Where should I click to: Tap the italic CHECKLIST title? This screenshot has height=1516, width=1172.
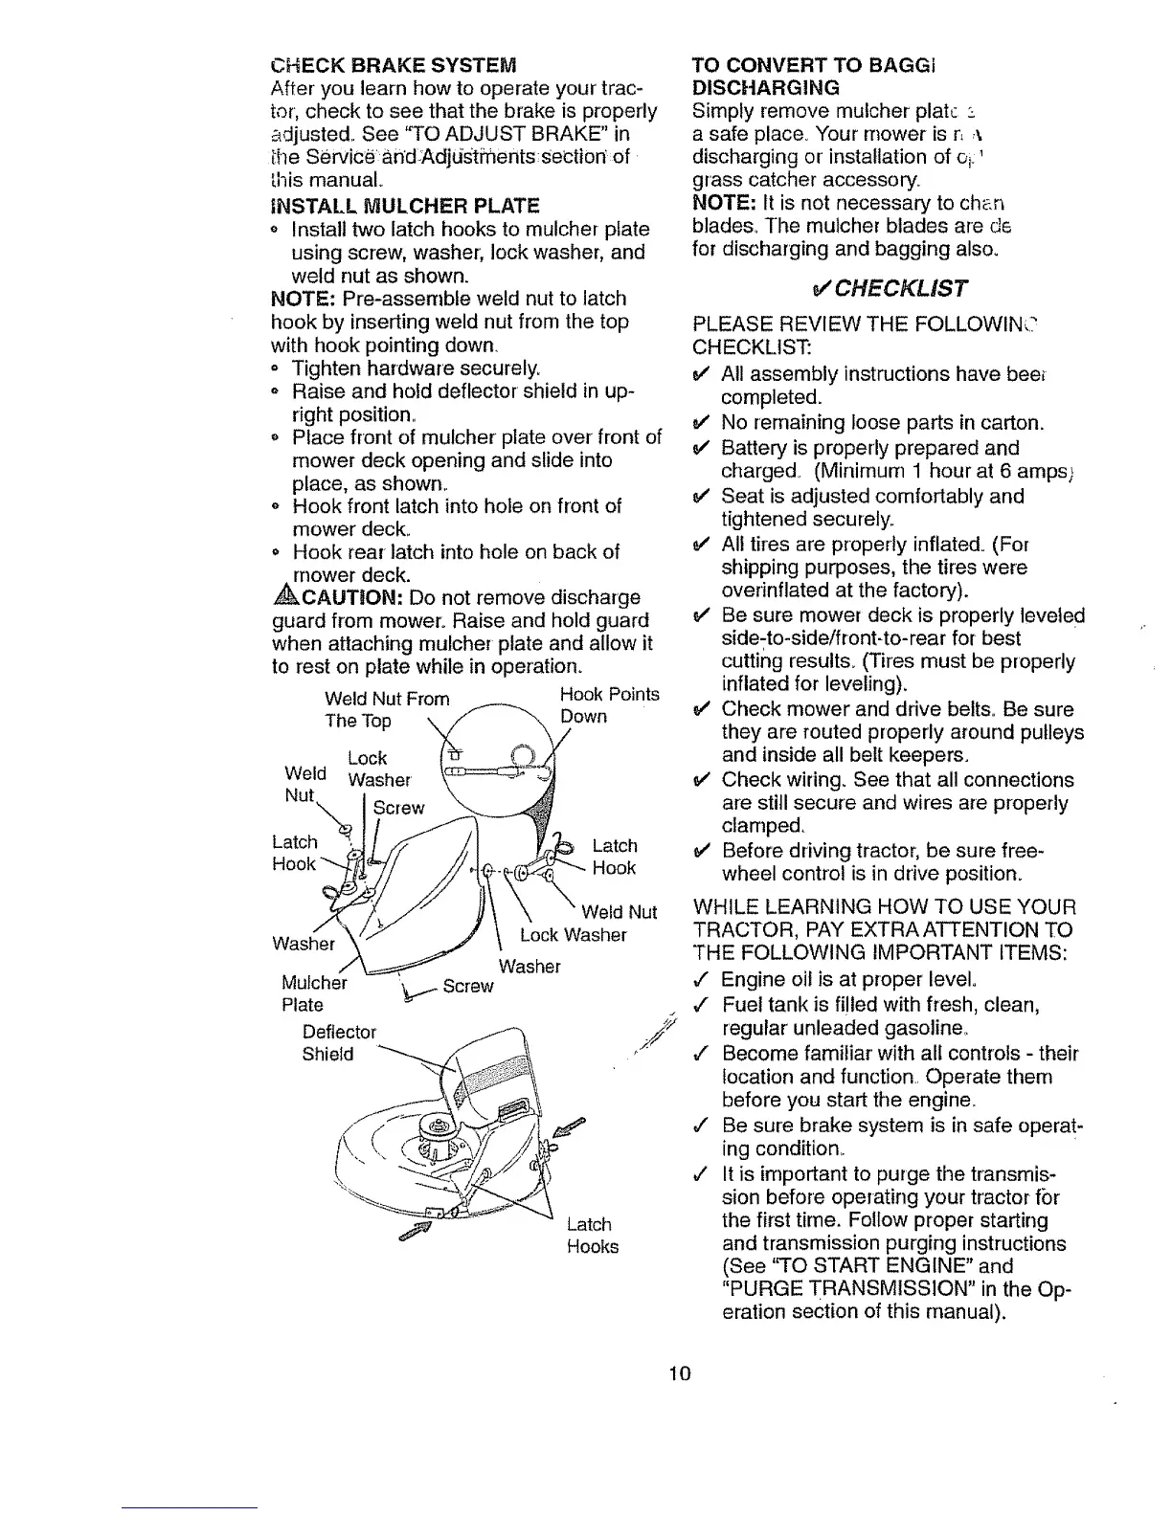[x=888, y=288]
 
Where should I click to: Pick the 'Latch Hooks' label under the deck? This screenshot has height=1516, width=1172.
[x=592, y=1236]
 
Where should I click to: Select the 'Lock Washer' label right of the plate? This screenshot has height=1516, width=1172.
[x=573, y=935]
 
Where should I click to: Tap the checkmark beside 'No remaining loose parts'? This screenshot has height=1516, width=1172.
[x=700, y=423]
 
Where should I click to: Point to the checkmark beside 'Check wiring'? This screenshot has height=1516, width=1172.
[x=700, y=780]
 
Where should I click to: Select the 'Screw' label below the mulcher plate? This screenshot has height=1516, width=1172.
[x=468, y=986]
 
